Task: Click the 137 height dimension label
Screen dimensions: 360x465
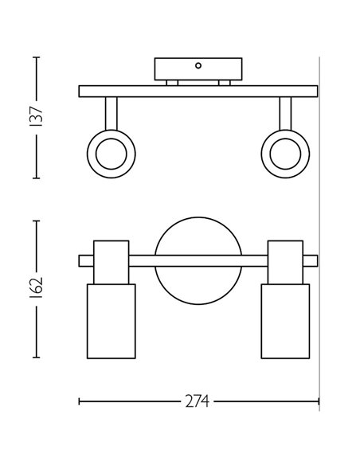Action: [36, 116]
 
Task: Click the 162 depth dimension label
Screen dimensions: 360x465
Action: [36, 287]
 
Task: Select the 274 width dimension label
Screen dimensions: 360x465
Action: [198, 401]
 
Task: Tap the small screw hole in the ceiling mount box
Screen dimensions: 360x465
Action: [198, 65]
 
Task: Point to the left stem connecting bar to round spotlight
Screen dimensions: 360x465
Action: [112, 114]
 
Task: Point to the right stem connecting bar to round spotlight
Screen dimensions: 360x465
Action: [285, 114]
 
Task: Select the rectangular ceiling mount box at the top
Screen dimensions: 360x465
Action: [198, 68]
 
